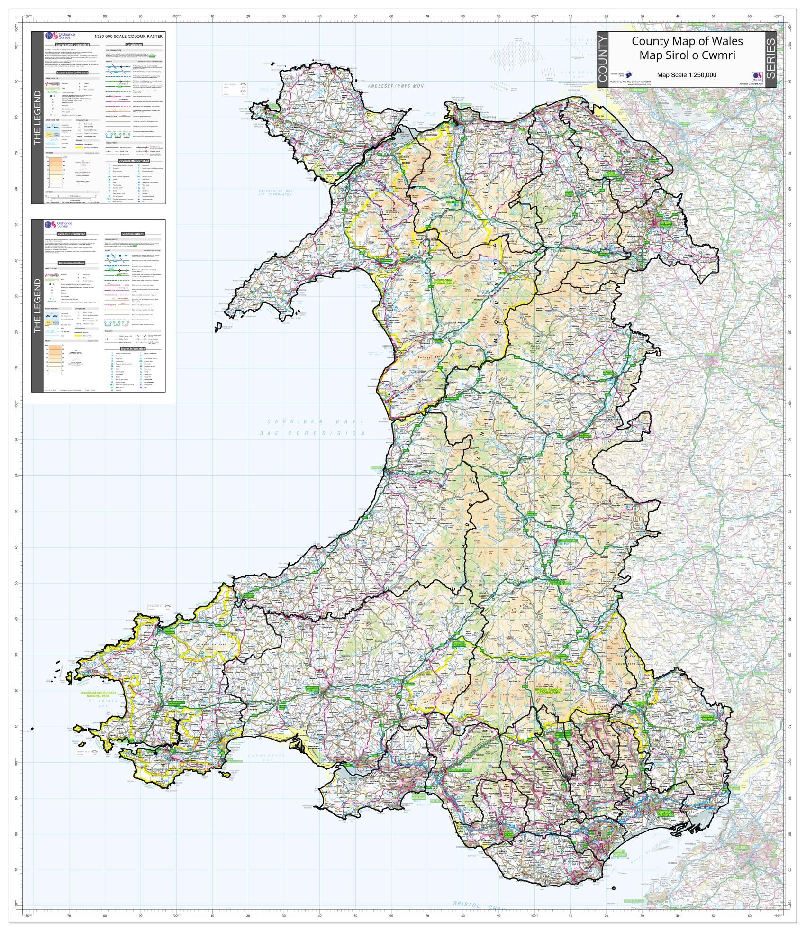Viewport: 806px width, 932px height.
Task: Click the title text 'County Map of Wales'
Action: (x=687, y=41)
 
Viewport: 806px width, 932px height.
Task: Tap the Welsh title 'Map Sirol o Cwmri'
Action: (x=687, y=55)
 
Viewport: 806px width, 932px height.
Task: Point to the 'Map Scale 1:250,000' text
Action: (x=686, y=75)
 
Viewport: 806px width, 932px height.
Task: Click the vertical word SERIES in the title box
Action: (x=770, y=59)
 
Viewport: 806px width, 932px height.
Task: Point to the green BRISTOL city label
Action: (x=742, y=847)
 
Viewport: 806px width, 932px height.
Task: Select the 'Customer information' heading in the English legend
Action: (x=72, y=234)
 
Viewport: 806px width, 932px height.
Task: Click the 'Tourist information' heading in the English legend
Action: (x=133, y=348)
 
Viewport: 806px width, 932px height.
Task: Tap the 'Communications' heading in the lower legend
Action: (x=133, y=234)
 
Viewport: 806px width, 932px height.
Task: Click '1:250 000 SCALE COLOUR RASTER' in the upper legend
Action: (x=128, y=36)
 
